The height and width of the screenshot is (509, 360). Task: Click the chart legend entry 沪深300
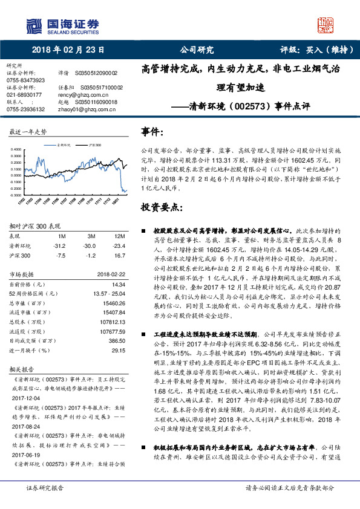(94, 146)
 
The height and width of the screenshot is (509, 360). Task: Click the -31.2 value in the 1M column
(60, 246)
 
